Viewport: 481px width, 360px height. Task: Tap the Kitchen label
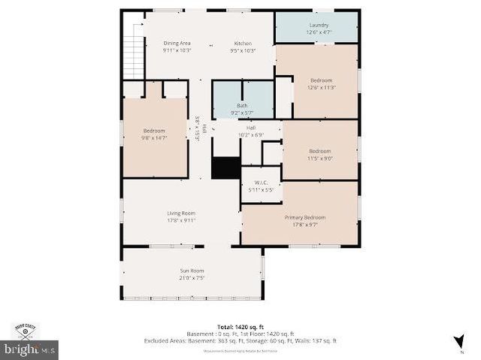[243, 43]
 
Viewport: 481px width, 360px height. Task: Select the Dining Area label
[177, 43]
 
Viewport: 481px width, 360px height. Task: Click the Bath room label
[242, 106]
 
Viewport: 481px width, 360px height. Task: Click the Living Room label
[181, 213]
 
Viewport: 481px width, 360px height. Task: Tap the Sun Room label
[192, 271]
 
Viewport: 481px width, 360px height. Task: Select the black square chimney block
[224, 168]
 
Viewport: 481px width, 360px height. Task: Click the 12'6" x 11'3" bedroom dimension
[321, 87]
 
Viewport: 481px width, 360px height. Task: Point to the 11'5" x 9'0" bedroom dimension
[319, 158]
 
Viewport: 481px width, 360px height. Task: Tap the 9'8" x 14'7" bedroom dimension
[154, 138]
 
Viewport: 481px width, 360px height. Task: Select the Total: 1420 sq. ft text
[240, 328]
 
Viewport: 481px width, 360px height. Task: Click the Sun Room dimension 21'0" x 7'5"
[192, 278]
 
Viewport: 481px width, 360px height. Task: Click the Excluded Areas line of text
[240, 340]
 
